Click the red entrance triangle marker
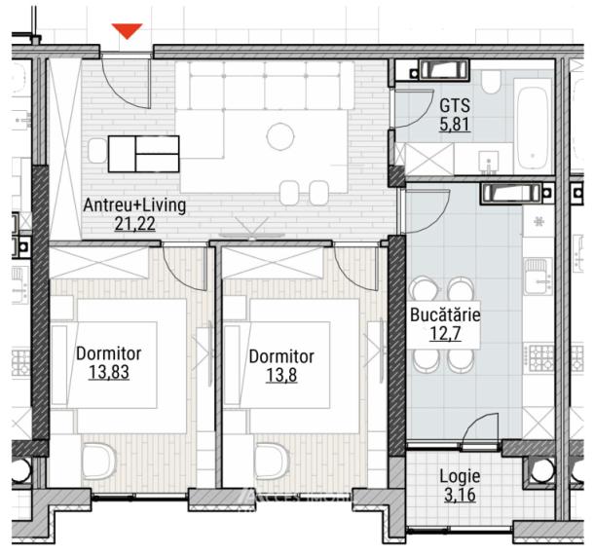128,32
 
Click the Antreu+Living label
134,206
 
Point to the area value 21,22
134,225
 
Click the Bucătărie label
446,316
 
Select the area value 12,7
446,335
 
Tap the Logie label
459,478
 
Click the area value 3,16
459,497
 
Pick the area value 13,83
108,371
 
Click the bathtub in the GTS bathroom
534,127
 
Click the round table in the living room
280,135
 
